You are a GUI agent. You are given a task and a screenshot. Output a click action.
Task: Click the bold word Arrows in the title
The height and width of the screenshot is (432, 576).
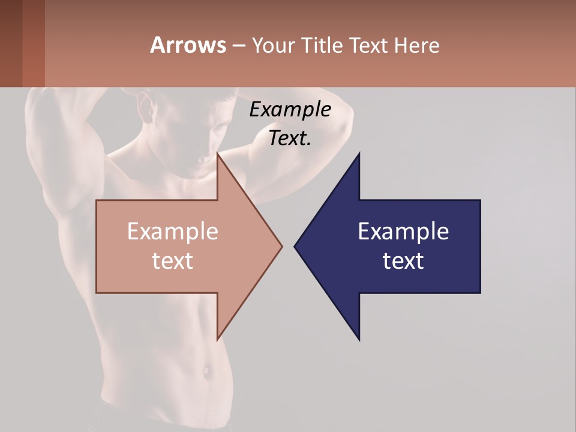188,45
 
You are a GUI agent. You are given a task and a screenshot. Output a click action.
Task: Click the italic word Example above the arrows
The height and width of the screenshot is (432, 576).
290,110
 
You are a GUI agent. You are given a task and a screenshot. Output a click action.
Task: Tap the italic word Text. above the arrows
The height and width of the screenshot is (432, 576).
290,138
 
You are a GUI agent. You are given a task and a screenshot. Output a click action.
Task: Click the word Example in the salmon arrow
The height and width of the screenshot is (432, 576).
172,231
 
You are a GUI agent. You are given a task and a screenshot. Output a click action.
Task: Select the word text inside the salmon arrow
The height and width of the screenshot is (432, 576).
172,261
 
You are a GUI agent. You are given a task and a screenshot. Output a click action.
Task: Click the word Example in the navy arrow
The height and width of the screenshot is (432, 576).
403,231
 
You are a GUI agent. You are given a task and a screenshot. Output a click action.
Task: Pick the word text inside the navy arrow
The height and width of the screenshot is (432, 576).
403,261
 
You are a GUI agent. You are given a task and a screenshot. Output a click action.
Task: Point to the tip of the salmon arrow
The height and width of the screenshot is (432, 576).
282,246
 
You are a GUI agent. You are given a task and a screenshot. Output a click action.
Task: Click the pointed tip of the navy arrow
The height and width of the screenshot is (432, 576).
295,246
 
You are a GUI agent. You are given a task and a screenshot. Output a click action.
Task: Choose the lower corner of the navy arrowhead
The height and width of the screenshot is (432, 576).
359,340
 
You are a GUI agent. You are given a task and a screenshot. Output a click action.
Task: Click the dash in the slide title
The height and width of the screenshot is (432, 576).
238,46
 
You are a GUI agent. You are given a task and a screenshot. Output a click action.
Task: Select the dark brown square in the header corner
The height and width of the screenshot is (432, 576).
11,43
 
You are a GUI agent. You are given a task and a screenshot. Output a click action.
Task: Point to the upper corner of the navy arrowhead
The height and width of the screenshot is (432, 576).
359,153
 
